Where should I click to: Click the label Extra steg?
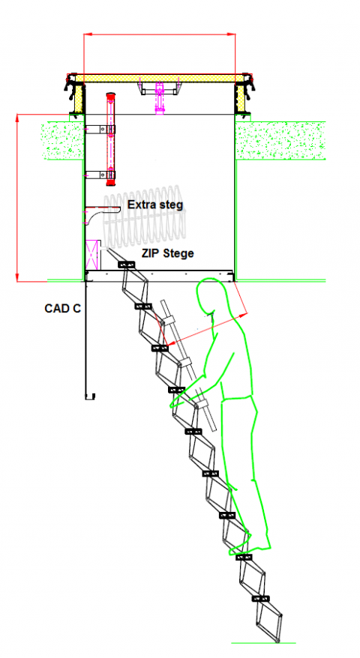point(155,205)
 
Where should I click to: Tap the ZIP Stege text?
point(167,253)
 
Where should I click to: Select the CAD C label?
point(62,309)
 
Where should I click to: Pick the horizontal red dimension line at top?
point(160,34)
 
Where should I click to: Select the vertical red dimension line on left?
point(17,197)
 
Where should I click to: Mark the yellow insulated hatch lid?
point(160,79)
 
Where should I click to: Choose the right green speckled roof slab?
point(280,141)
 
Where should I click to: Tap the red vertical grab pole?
point(110,139)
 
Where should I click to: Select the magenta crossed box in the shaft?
point(93,254)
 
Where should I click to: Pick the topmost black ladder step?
point(127,265)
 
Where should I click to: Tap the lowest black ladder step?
point(260,599)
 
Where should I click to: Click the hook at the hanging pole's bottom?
point(90,396)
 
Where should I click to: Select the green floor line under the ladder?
point(263,642)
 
